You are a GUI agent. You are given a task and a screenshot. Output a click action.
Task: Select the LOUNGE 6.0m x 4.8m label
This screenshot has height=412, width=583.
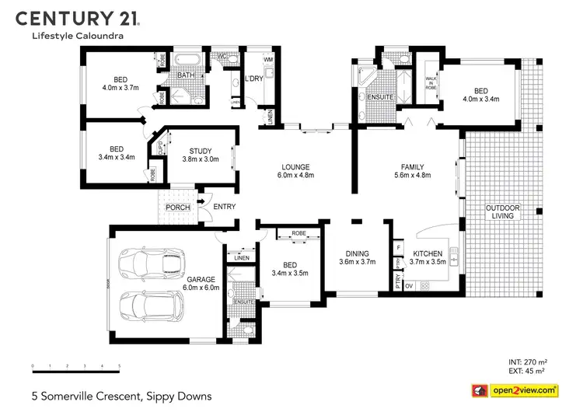click(x=296, y=172)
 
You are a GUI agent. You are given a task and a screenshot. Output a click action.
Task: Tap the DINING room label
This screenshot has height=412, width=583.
click(x=357, y=258)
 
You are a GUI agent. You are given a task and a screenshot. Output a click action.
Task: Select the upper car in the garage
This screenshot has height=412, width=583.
click(x=147, y=264)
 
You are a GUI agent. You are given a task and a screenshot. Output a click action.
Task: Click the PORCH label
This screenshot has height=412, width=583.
click(x=177, y=208)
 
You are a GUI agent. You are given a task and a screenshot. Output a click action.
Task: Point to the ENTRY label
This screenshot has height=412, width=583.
click(x=224, y=207)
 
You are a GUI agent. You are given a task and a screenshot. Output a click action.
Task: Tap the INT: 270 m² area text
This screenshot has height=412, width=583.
click(x=528, y=362)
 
